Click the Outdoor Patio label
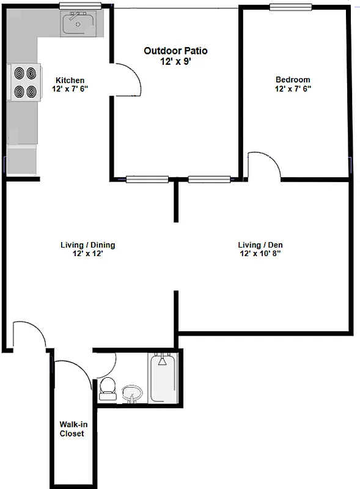(x=175, y=51)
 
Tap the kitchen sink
(x=78, y=25)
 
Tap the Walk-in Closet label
(x=72, y=429)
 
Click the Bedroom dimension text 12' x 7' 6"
(x=293, y=89)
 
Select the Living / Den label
(x=260, y=245)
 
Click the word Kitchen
(x=70, y=81)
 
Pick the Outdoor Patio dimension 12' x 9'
(x=175, y=61)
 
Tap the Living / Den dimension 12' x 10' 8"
(x=260, y=254)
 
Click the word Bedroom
(x=293, y=79)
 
